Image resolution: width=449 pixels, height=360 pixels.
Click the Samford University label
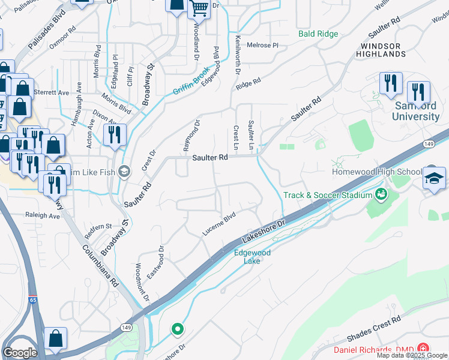point(416,111)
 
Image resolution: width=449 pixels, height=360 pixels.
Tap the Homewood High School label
point(377,172)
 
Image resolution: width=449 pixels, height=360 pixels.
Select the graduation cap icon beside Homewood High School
point(434,178)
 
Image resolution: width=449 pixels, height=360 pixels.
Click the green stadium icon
point(381,194)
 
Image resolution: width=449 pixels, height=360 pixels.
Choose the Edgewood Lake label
point(252,257)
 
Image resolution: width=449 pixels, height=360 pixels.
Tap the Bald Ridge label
point(318,34)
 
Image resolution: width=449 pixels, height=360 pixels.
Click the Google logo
point(20,352)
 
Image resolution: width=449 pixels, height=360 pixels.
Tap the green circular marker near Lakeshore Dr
point(177,329)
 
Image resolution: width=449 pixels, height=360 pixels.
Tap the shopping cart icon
point(199,9)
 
